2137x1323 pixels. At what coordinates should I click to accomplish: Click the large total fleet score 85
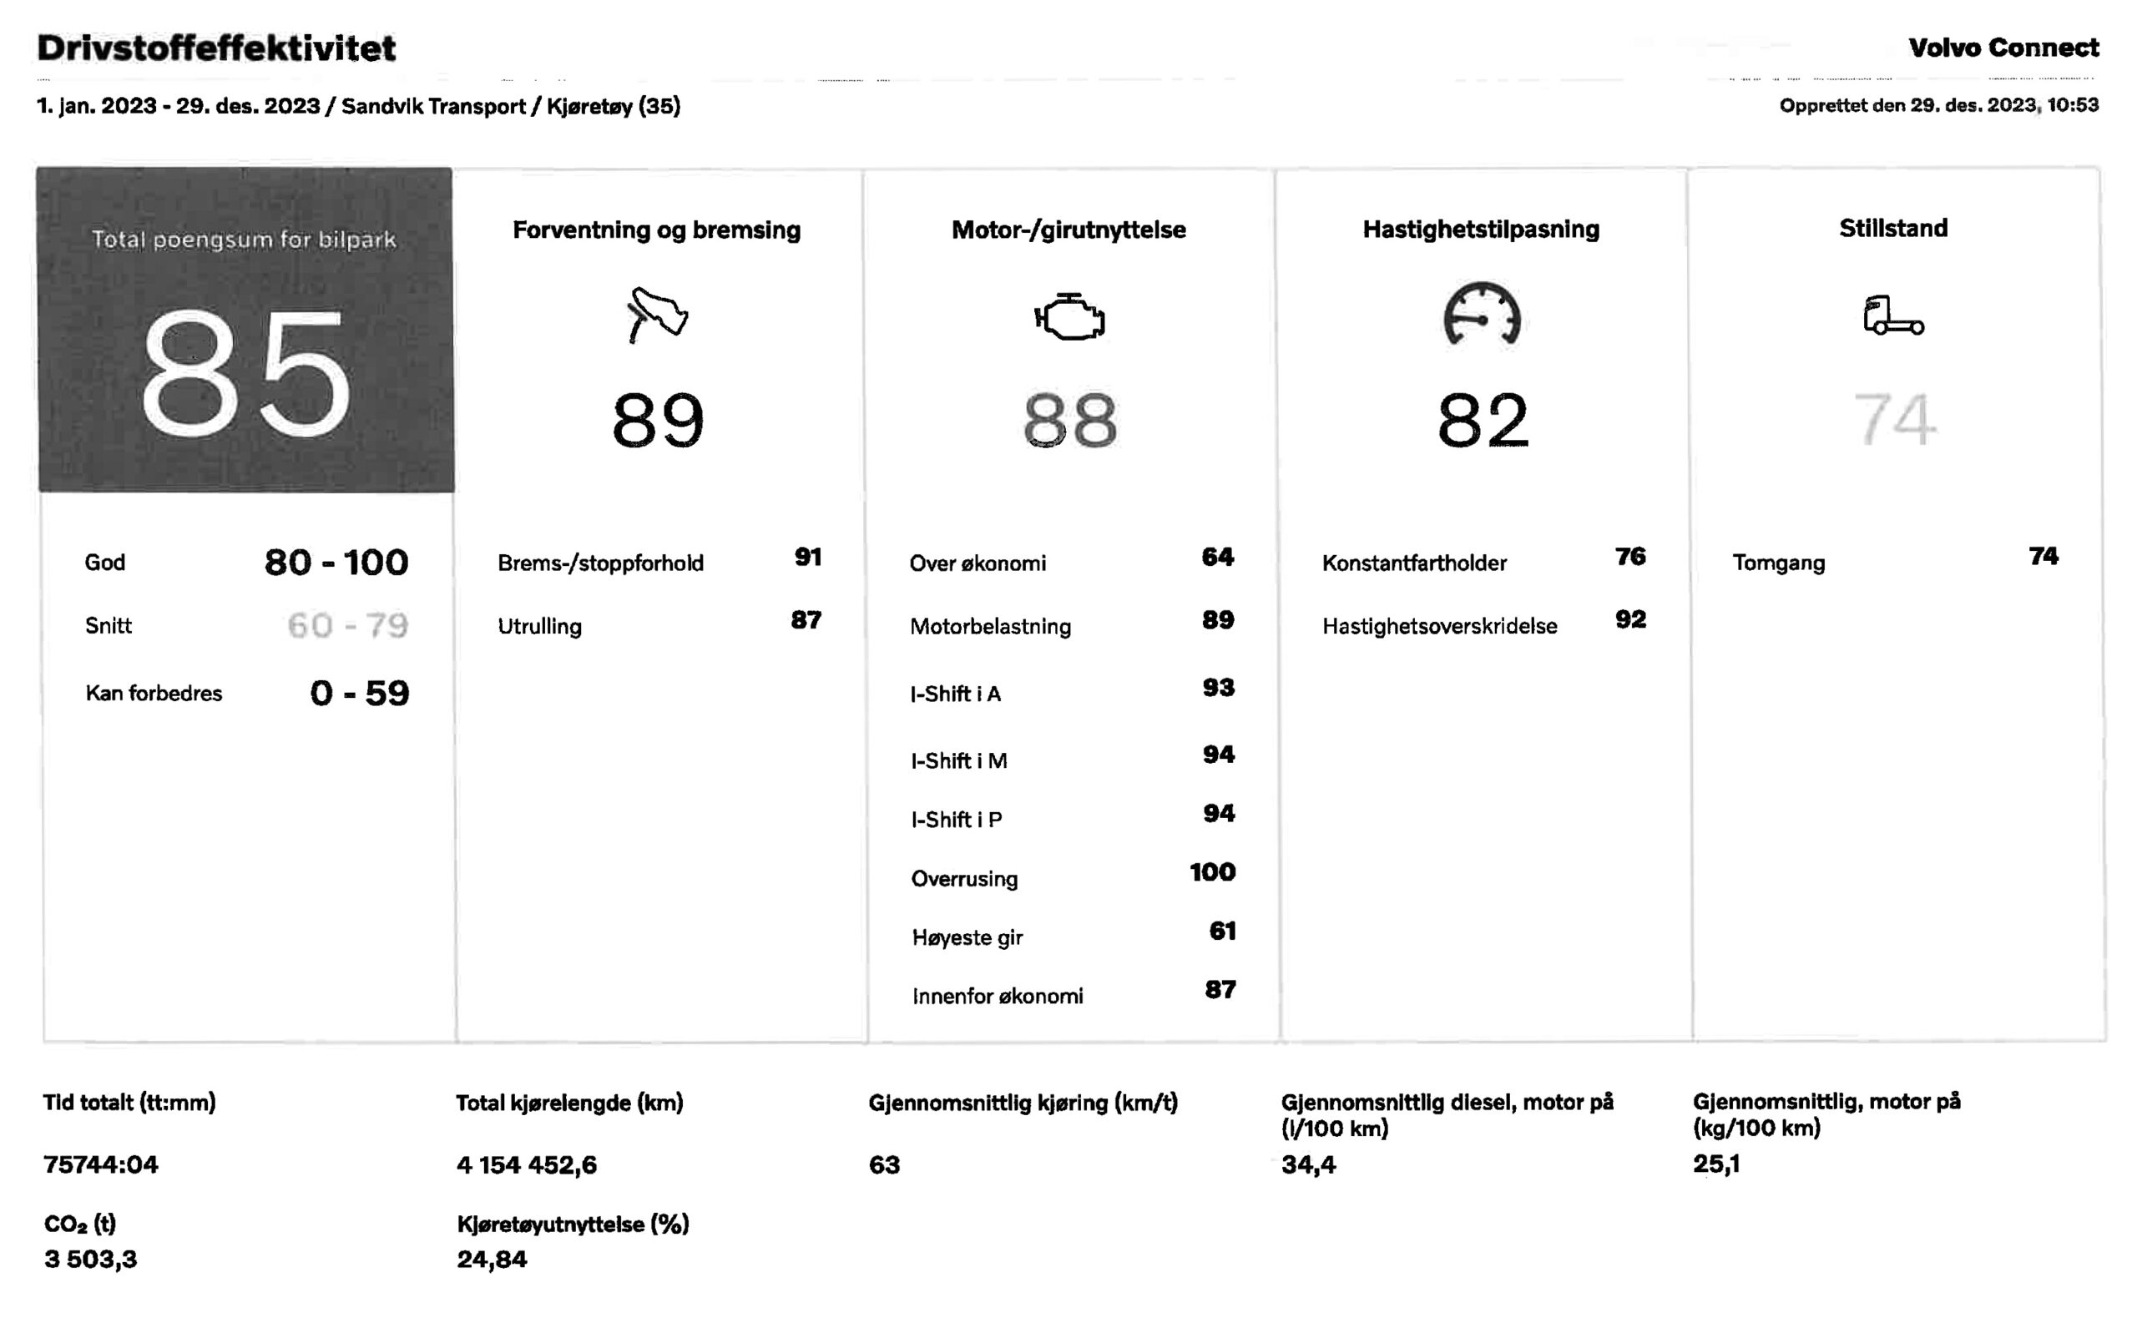pyautogui.click(x=245, y=374)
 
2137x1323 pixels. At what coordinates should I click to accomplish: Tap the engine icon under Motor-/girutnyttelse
pyautogui.click(x=1069, y=316)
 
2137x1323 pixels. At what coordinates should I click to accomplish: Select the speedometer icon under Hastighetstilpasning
pyautogui.click(x=1482, y=314)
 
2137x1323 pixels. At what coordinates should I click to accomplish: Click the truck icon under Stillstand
pyautogui.click(x=1893, y=316)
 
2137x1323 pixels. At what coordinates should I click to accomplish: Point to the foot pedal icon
pyautogui.click(x=657, y=314)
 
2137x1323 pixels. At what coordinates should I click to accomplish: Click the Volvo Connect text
pyautogui.click(x=2003, y=48)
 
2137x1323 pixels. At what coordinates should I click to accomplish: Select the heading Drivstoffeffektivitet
pyautogui.click(x=216, y=48)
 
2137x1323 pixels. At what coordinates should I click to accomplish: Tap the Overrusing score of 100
pyautogui.click(x=1212, y=872)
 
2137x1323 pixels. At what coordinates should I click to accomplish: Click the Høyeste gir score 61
pyautogui.click(x=1223, y=931)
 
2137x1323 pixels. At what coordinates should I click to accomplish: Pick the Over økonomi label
pyautogui.click(x=978, y=563)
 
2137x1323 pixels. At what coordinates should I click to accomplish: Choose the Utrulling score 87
pyautogui.click(x=806, y=620)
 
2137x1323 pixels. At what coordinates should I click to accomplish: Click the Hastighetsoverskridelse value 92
pyautogui.click(x=1630, y=619)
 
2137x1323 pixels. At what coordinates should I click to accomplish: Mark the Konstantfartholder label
pyautogui.click(x=1414, y=563)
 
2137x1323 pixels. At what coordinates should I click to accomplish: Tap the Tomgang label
pyautogui.click(x=1778, y=563)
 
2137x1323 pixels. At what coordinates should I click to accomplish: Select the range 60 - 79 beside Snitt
pyautogui.click(x=347, y=626)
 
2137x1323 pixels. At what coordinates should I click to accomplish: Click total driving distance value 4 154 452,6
pyautogui.click(x=527, y=1164)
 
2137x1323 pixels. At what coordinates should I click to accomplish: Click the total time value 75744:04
pyautogui.click(x=101, y=1164)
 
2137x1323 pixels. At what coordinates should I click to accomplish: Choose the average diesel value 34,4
pyautogui.click(x=1308, y=1164)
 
